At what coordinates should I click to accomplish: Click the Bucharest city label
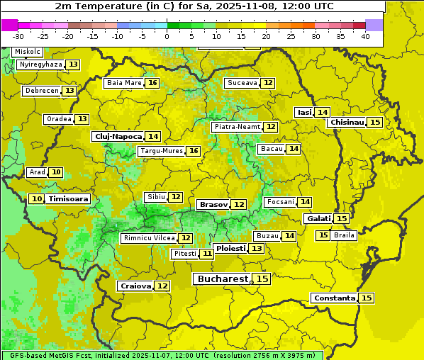click(223, 279)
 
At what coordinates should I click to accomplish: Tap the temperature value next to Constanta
click(367, 298)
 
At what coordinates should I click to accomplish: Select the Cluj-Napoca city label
click(118, 136)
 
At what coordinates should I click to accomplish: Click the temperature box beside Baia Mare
click(152, 83)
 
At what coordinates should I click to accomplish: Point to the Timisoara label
click(69, 199)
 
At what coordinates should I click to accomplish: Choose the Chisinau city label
click(347, 122)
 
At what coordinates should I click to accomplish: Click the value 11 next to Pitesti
click(206, 254)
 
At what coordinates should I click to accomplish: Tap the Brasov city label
click(213, 204)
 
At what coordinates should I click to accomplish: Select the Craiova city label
click(135, 286)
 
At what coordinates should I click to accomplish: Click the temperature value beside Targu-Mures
click(193, 151)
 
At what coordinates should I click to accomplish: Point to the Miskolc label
click(27, 52)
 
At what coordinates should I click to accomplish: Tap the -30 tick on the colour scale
click(18, 36)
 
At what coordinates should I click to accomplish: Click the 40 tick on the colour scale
click(365, 36)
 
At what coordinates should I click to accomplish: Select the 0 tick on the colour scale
click(167, 36)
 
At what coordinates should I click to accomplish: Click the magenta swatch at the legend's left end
click(10, 25)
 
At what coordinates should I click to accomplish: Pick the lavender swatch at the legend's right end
click(374, 25)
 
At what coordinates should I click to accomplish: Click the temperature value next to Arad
click(55, 172)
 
